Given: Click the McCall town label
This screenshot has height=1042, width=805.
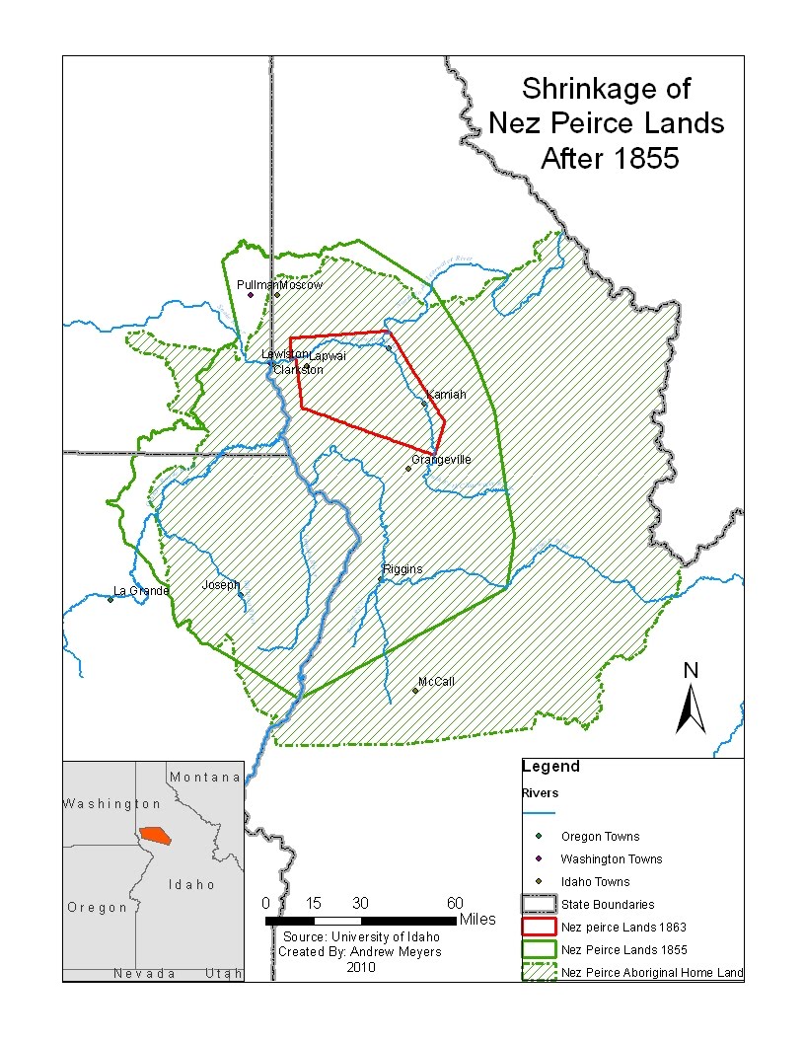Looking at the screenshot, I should coord(436,682).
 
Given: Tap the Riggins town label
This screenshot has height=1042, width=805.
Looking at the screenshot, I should coord(402,569).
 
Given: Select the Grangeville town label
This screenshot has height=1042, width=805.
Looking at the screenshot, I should coord(441,460).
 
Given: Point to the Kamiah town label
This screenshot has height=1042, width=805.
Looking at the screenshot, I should coord(446,395).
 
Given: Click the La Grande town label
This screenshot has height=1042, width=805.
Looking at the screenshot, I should coord(141,591).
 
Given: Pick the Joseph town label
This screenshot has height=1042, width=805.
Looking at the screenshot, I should coord(221,585).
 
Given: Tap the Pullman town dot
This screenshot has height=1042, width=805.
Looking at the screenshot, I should coord(251,295).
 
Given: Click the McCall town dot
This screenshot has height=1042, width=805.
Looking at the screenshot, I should coord(415,691).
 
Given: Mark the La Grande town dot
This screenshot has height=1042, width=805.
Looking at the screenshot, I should coord(110,599).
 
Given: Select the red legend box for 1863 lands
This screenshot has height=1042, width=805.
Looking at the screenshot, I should coord(539,927).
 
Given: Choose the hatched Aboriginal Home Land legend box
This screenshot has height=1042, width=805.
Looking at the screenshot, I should coord(539,973).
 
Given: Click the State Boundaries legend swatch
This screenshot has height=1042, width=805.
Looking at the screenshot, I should coord(539,903).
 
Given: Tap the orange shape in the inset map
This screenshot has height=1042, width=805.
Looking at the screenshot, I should coord(155,835).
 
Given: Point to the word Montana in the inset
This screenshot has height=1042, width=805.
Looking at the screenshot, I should coord(205,778).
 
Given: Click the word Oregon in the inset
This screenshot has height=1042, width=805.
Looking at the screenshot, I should coord(98,908).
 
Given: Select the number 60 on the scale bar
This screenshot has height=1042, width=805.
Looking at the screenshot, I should coord(455,904).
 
